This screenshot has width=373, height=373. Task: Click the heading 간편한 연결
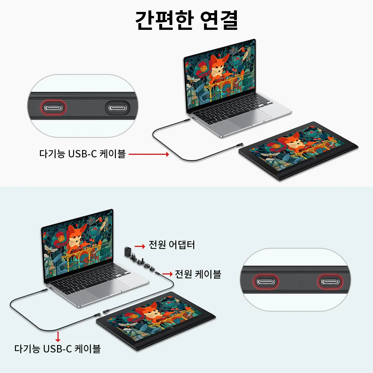(186, 20)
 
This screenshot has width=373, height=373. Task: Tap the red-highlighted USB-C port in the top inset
(53, 108)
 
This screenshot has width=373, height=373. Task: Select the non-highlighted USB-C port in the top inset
(117, 108)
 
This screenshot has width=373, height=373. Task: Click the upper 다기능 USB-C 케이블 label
(82, 154)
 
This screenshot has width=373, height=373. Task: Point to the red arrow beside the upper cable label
(149, 154)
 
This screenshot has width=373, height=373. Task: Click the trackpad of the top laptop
(250, 117)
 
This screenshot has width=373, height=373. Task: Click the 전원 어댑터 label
(172, 245)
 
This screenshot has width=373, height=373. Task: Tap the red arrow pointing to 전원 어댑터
(140, 246)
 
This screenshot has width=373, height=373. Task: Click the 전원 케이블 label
(198, 274)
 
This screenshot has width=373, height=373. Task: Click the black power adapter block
(128, 251)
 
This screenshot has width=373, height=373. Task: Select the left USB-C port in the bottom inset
(266, 282)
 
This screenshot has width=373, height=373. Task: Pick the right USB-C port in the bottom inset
(330, 282)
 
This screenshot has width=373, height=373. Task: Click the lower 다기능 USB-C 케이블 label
(57, 349)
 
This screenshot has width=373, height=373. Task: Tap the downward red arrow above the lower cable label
(57, 336)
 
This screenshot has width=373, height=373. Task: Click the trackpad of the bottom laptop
(107, 288)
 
